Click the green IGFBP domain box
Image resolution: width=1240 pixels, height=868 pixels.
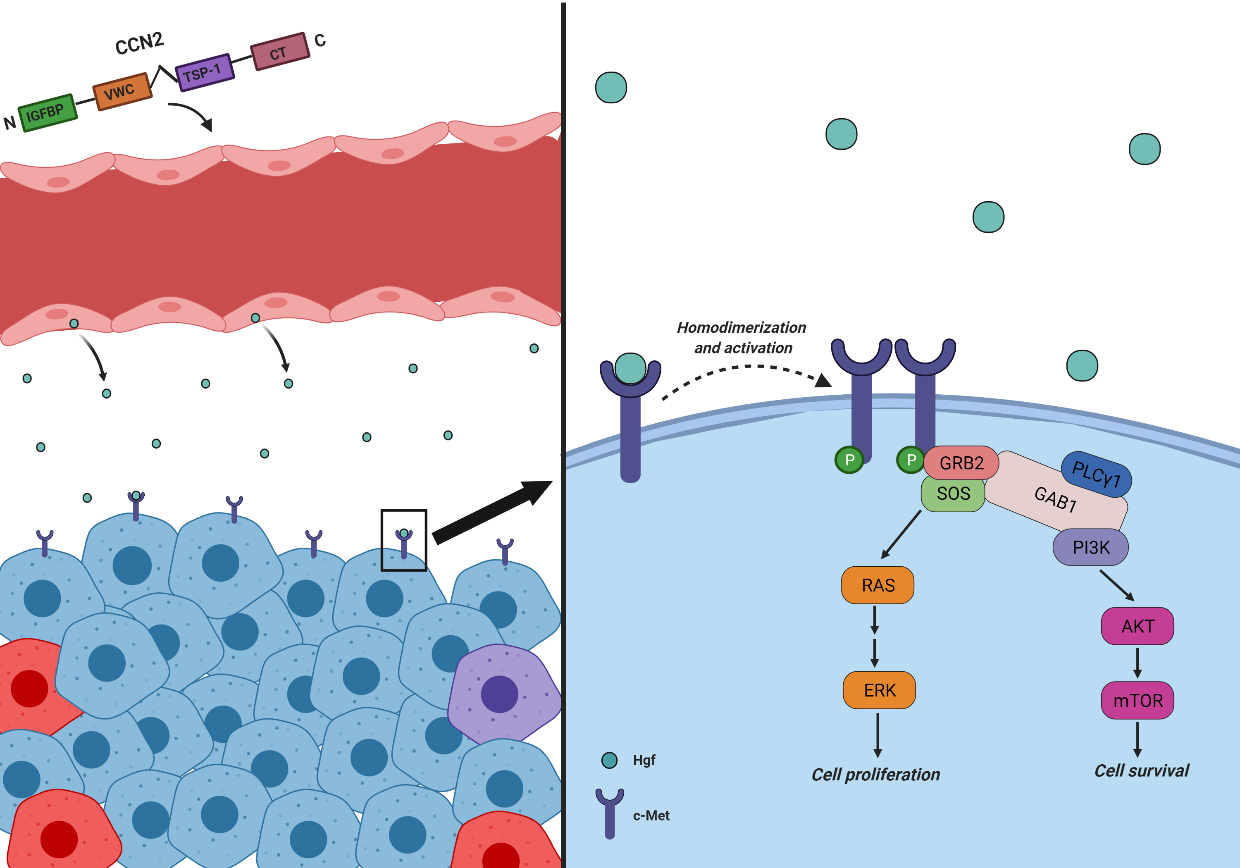pyautogui.click(x=48, y=112)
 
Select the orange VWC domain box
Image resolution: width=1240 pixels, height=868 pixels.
pyautogui.click(x=122, y=91)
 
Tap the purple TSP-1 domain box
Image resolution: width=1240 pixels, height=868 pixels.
pyautogui.click(x=205, y=72)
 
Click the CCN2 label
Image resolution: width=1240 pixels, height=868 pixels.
pyautogui.click(x=139, y=43)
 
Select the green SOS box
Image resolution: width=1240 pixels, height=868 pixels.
pyautogui.click(x=953, y=493)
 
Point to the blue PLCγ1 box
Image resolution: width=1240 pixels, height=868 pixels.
pyautogui.click(x=1096, y=474)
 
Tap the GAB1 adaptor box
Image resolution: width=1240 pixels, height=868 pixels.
pyautogui.click(x=1056, y=498)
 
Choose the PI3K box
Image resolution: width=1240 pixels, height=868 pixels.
pyautogui.click(x=1090, y=547)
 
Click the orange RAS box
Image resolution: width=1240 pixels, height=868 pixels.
pyautogui.click(x=878, y=585)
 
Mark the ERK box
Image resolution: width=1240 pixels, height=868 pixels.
pyautogui.click(x=879, y=690)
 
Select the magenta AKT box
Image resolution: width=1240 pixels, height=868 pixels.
pyautogui.click(x=1137, y=626)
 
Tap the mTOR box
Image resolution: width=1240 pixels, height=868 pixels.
pyautogui.click(x=1137, y=701)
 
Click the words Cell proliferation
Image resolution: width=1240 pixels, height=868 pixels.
pyautogui.click(x=875, y=775)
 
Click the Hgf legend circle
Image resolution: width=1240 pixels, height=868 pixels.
pyautogui.click(x=609, y=760)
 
